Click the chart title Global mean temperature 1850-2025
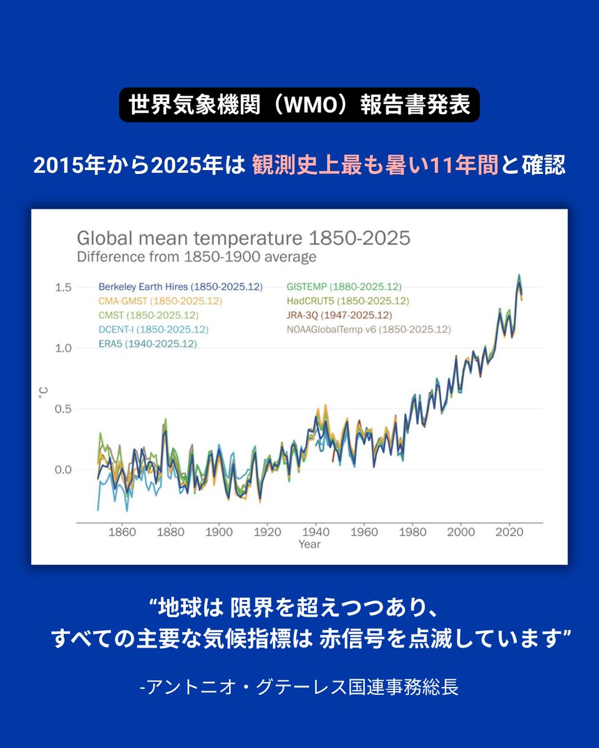pos(243,238)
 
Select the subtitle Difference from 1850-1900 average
pos(197,257)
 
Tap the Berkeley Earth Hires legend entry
pos(180,287)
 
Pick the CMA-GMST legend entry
pos(160,301)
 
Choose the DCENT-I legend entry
pos(153,329)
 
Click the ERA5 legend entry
pos(147,343)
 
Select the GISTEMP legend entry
pos(344,287)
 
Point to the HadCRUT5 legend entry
pos(348,301)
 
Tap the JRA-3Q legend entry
pos(339,315)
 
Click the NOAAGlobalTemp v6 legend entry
pos(368,329)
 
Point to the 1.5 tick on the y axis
pos(64,287)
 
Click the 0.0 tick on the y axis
pos(64,469)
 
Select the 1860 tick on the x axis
pos(122,532)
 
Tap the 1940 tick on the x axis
pos(316,532)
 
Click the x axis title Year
pos(309,544)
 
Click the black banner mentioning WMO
pos(299,105)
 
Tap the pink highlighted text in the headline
pos(375,166)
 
